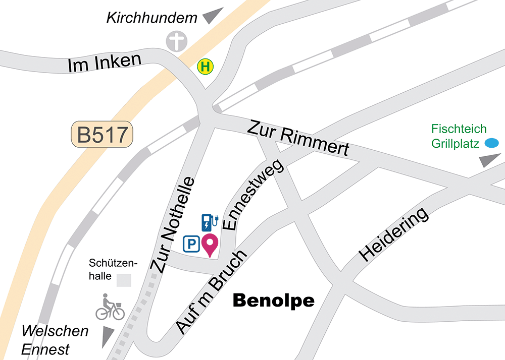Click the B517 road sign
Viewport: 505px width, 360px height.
(102, 135)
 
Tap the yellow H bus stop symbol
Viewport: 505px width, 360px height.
(206, 67)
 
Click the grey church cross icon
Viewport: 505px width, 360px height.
(177, 41)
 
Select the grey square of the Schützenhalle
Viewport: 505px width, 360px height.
(124, 280)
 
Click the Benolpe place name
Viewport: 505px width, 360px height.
(273, 301)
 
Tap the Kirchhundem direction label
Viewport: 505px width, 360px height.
(151, 19)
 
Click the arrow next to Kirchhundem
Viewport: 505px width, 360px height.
(213, 16)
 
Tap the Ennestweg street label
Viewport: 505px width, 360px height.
(256, 196)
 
